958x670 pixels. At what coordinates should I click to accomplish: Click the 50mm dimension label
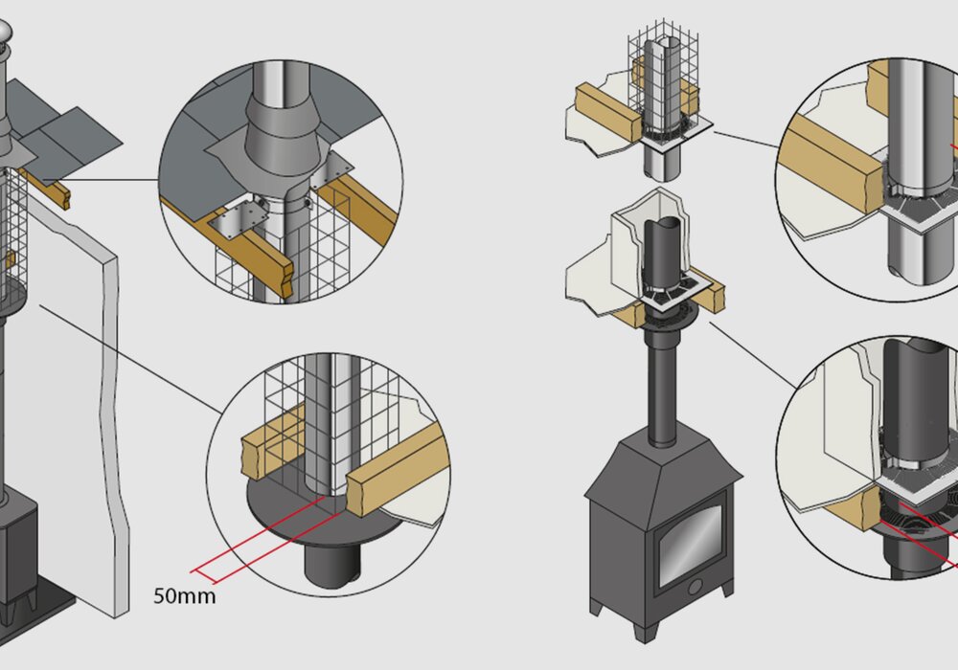coord(185,596)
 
